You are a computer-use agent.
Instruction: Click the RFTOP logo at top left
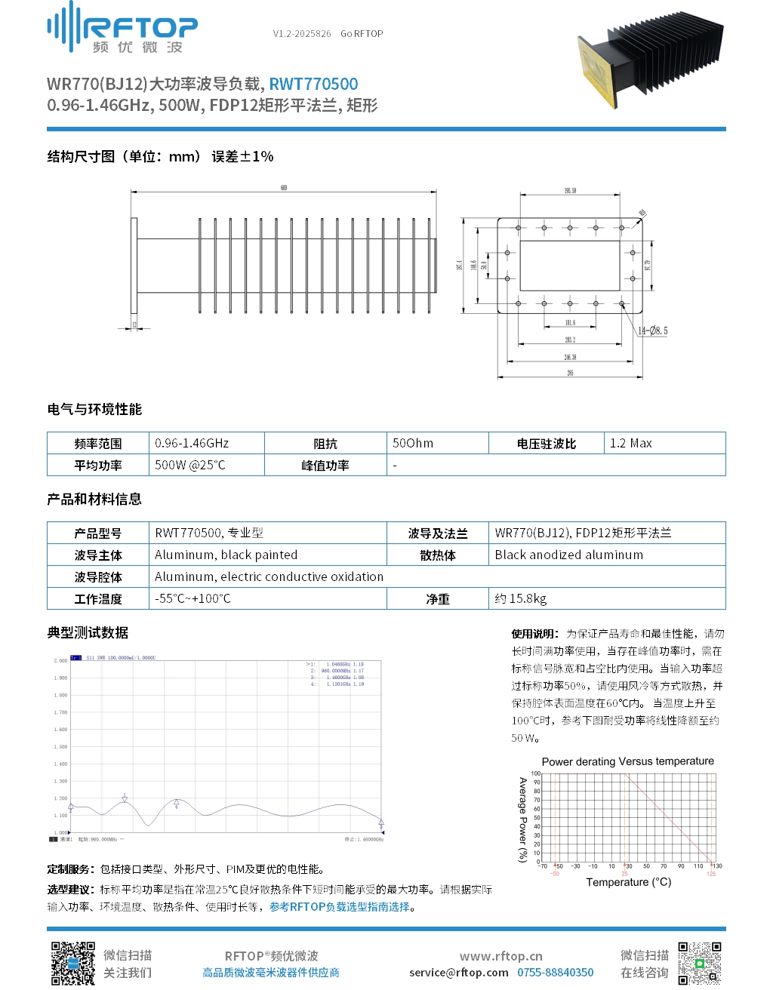pyautogui.click(x=122, y=29)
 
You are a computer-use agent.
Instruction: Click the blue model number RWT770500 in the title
pyautogui.click(x=313, y=84)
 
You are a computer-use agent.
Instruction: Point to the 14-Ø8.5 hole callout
pyautogui.click(x=653, y=331)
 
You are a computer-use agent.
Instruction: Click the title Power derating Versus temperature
pyautogui.click(x=627, y=761)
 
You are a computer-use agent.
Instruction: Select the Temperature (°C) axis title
pyautogui.click(x=628, y=882)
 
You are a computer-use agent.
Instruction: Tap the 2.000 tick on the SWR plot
pyautogui.click(x=60, y=660)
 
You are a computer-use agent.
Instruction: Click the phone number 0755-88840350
pyautogui.click(x=555, y=973)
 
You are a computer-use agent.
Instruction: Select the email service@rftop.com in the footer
pyautogui.click(x=458, y=973)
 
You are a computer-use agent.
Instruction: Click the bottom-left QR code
pyautogui.click(x=72, y=963)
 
